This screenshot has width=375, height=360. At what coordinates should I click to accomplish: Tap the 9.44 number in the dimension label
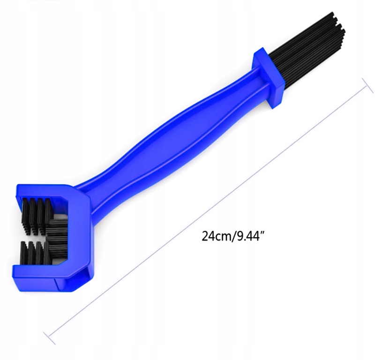click(x=247, y=236)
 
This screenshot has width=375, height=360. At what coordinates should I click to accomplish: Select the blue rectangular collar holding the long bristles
click(x=269, y=78)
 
